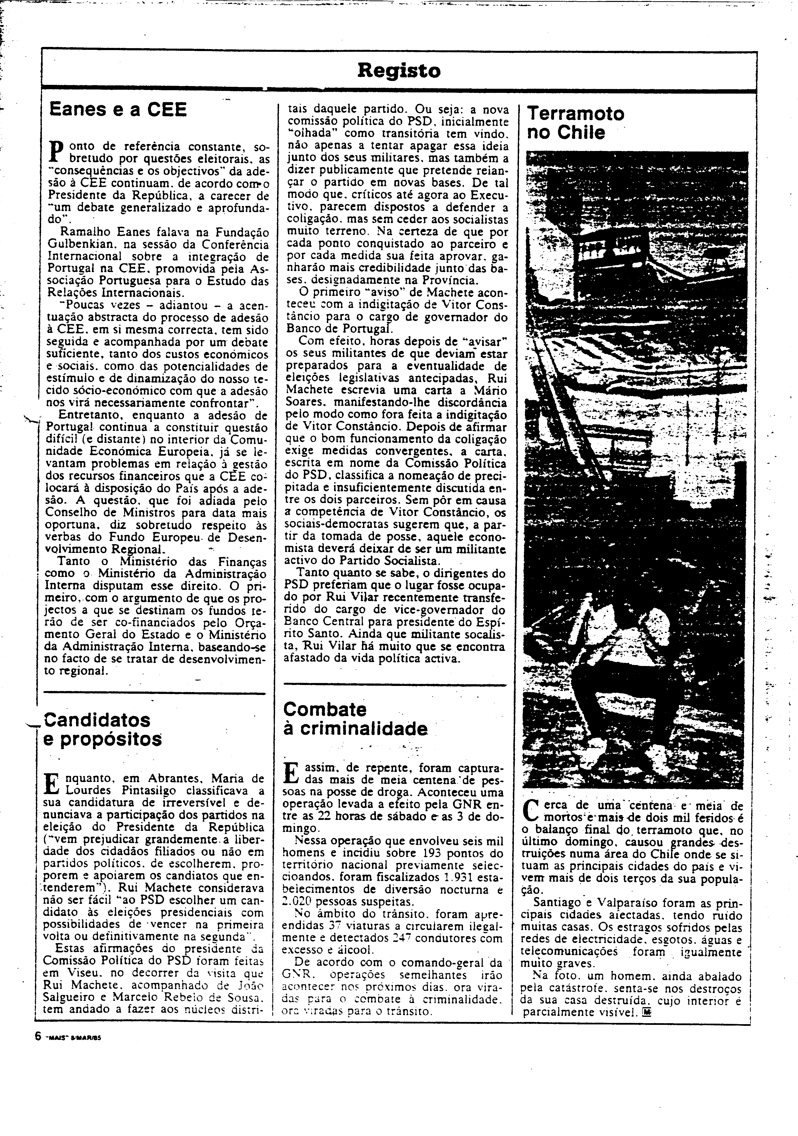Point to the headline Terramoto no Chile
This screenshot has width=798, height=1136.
(x=574, y=123)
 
